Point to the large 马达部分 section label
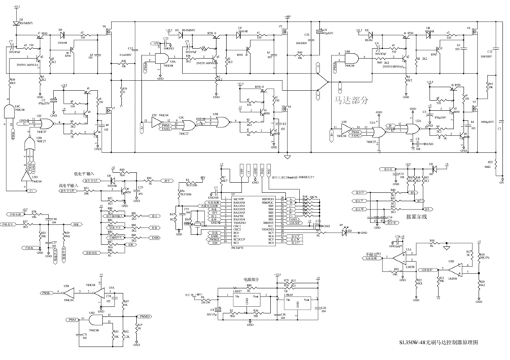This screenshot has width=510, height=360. (349, 101)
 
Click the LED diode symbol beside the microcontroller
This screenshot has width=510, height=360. (344, 231)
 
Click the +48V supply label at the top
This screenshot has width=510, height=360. (287, 15)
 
